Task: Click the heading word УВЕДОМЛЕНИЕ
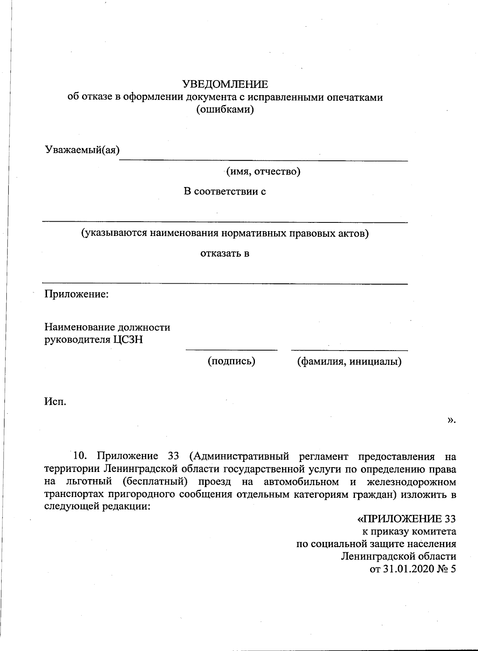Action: point(225,84)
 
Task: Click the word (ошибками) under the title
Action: point(225,109)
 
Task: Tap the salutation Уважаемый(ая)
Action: point(82,150)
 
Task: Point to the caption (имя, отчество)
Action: point(263,172)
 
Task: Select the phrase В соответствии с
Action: point(225,191)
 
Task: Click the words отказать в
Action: point(225,253)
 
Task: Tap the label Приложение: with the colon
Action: point(76,294)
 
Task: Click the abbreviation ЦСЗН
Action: point(128,340)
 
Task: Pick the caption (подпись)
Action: point(231,361)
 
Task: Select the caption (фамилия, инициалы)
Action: point(349,361)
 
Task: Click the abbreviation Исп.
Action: point(55,401)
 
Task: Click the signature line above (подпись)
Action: point(231,350)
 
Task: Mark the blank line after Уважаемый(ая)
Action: point(264,160)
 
